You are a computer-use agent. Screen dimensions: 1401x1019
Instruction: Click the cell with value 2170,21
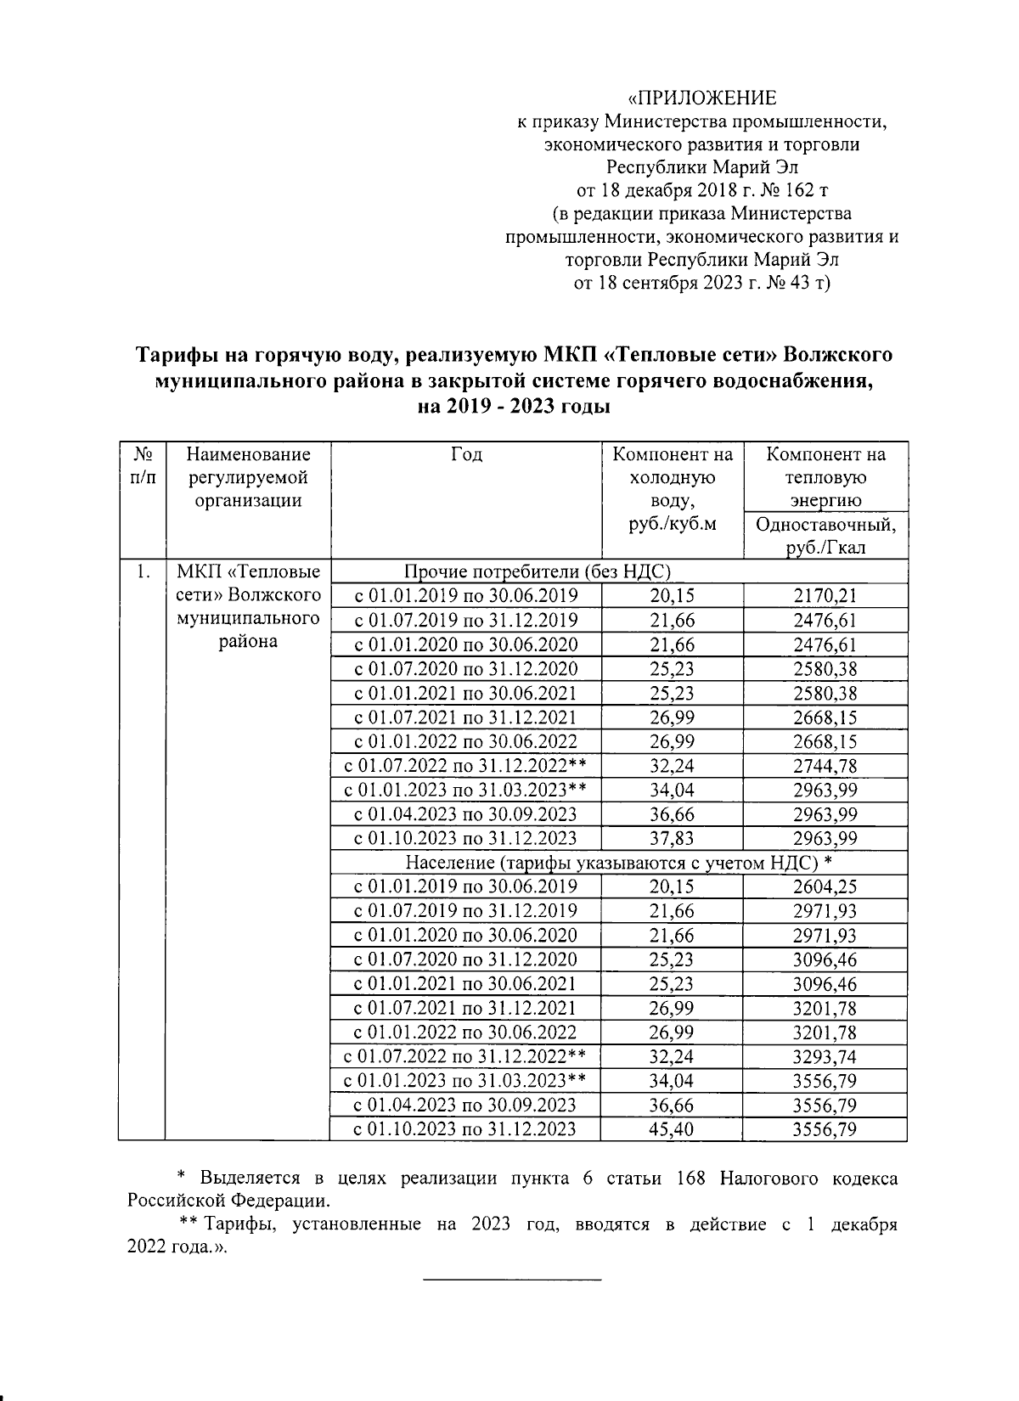[x=825, y=595]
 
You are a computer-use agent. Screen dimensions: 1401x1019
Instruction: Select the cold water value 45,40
[x=672, y=1129]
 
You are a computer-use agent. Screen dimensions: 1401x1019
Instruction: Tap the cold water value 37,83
[x=672, y=838]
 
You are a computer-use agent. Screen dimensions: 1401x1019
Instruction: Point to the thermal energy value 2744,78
[x=825, y=766]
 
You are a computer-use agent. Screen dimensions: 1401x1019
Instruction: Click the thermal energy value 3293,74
[x=825, y=1057]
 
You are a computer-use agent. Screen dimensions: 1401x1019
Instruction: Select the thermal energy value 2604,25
[x=825, y=887]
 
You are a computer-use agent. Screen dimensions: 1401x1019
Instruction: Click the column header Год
[x=466, y=455]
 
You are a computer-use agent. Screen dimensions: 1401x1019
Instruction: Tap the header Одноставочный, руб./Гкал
[x=825, y=535]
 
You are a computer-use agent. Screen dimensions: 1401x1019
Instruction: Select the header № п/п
[x=142, y=465]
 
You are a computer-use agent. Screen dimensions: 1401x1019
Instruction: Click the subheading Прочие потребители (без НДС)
[x=538, y=571]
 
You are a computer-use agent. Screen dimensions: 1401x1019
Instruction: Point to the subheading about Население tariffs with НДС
[x=618, y=863]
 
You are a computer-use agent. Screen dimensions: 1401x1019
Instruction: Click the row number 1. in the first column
[x=142, y=571]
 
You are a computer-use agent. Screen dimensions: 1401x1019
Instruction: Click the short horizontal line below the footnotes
[x=511, y=1279]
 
